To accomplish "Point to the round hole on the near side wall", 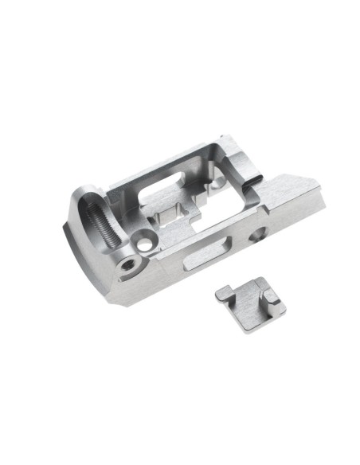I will (x=257, y=234).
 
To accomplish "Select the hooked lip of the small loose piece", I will (x=224, y=294).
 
